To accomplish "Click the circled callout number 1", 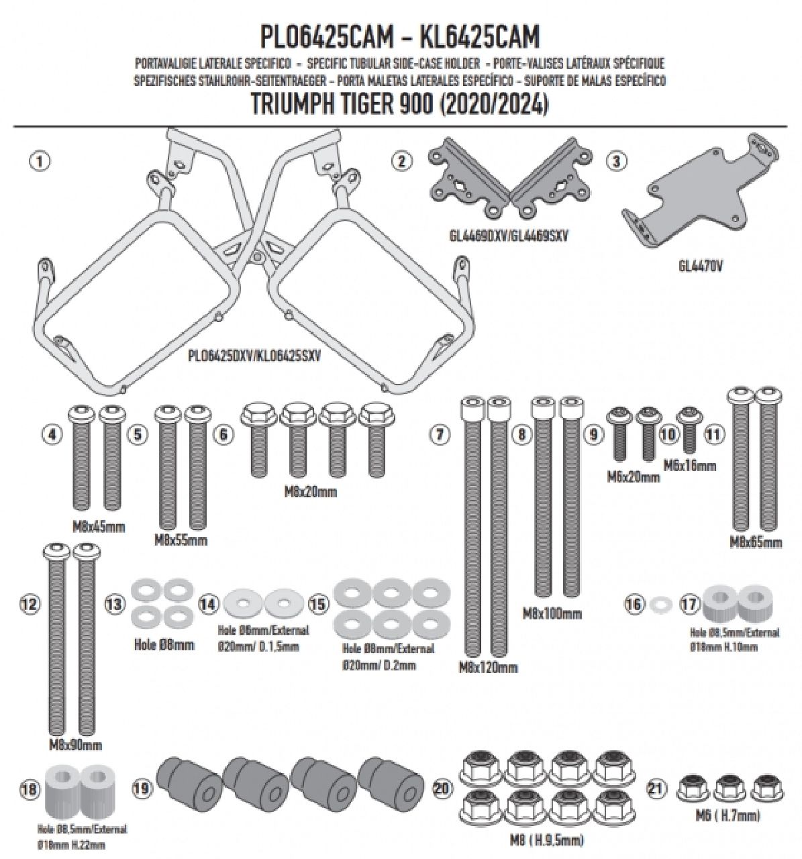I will click(x=40, y=161).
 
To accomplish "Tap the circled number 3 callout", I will click(x=616, y=161).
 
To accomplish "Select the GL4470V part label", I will click(x=700, y=266).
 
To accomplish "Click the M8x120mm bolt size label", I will click(x=488, y=668).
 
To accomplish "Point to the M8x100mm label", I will click(x=552, y=613).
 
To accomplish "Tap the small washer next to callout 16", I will click(x=661, y=605).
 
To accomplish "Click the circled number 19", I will click(x=141, y=789).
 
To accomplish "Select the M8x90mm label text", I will click(x=75, y=745).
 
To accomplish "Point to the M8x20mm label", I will click(x=310, y=493).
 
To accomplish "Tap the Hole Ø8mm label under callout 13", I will click(x=164, y=645).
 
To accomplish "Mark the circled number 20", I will click(x=442, y=789).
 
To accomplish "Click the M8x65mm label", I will click(x=756, y=542).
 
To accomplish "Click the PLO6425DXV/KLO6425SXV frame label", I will click(x=254, y=356).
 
